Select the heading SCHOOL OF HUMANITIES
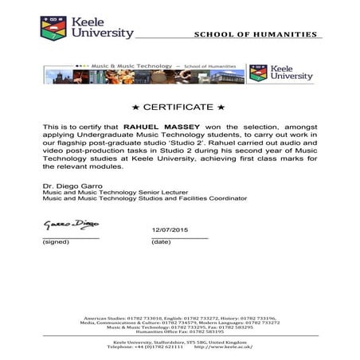pos(255,34)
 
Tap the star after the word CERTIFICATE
pos(221,107)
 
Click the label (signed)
pos(55,241)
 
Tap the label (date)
pos(161,241)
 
